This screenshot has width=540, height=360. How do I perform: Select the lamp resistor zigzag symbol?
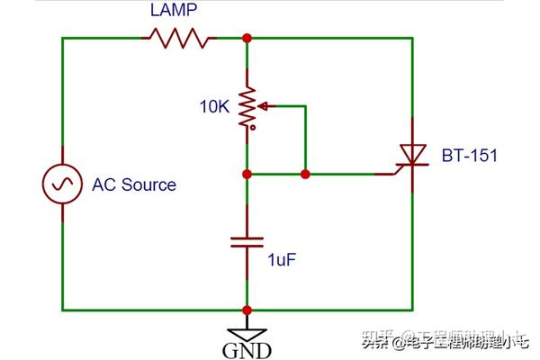(x=181, y=38)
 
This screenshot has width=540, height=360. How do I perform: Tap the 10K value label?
(x=216, y=106)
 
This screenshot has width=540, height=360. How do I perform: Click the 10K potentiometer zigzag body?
(x=246, y=106)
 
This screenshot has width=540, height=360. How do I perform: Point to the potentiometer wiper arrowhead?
(x=262, y=105)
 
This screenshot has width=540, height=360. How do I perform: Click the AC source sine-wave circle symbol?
(x=62, y=184)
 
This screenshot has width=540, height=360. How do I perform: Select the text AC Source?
(x=134, y=184)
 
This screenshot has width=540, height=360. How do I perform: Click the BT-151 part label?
(x=469, y=156)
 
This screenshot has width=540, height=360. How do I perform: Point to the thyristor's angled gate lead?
(x=396, y=169)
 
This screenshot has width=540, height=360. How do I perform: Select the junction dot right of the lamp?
(x=246, y=38)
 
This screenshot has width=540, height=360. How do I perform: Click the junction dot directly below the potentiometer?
(x=246, y=173)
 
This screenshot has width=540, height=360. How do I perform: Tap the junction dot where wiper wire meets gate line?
(x=305, y=173)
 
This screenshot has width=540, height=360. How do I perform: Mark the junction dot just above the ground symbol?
(x=246, y=310)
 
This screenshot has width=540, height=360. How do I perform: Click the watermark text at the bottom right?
(x=445, y=341)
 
